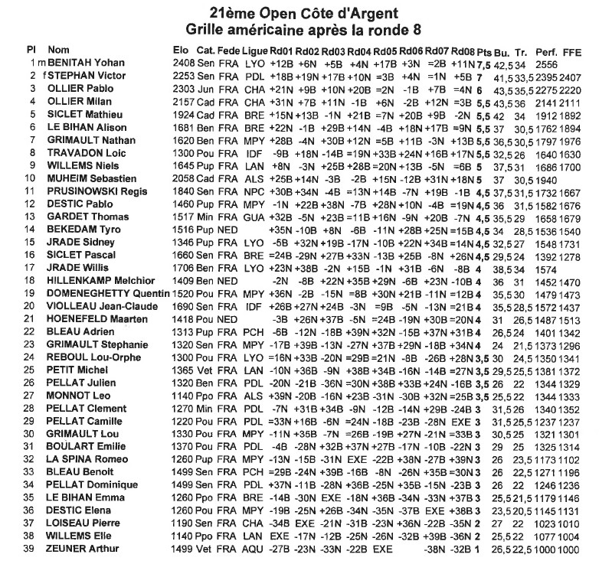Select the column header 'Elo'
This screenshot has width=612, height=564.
coord(182,50)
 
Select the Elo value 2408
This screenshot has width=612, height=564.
coord(184,62)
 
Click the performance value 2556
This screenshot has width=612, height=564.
coord(546,62)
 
